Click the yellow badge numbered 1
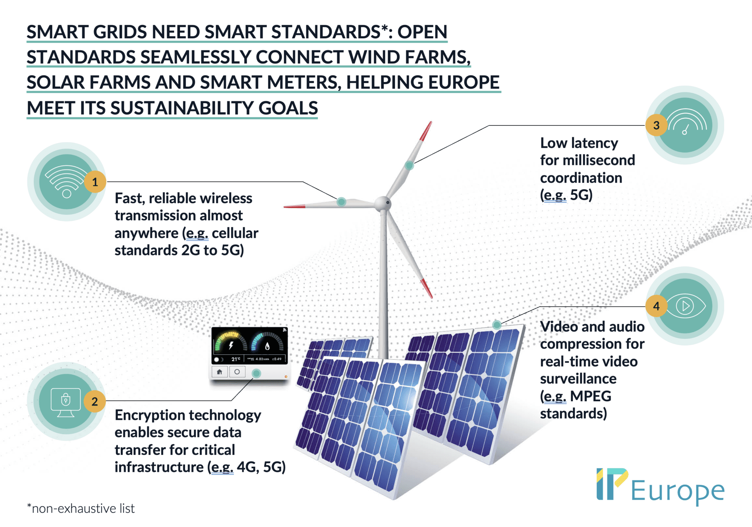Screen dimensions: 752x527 pyautogui.click(x=95, y=182)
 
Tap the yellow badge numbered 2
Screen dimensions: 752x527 pyautogui.click(x=95, y=401)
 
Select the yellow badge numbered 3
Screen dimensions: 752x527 pyautogui.click(x=657, y=125)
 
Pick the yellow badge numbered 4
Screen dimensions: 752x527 pyautogui.click(x=657, y=306)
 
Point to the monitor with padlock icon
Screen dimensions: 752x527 pyautogui.click(x=66, y=402)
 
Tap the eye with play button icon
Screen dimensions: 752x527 pyautogui.click(x=686, y=306)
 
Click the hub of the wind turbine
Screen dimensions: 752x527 pyautogui.click(x=383, y=203)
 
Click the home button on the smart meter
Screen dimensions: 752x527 pyautogui.click(x=220, y=372)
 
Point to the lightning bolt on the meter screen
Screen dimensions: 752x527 pyautogui.click(x=231, y=345)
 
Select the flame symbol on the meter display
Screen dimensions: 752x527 pyautogui.click(x=267, y=346)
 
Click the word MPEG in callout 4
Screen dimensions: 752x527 pyautogui.click(x=590, y=396)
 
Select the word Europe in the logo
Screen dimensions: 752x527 pyautogui.click(x=678, y=491)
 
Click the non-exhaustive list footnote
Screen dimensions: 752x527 pyautogui.click(x=81, y=508)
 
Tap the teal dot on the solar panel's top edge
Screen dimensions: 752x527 pyautogui.click(x=497, y=325)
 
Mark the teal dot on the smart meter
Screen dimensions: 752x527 pyautogui.click(x=256, y=373)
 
